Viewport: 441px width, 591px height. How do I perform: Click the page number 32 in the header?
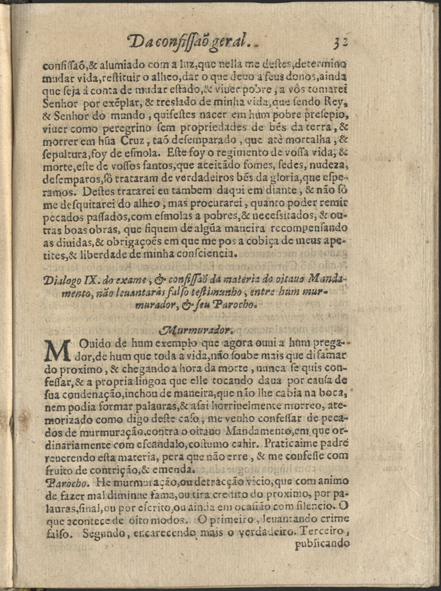coord(340,42)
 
